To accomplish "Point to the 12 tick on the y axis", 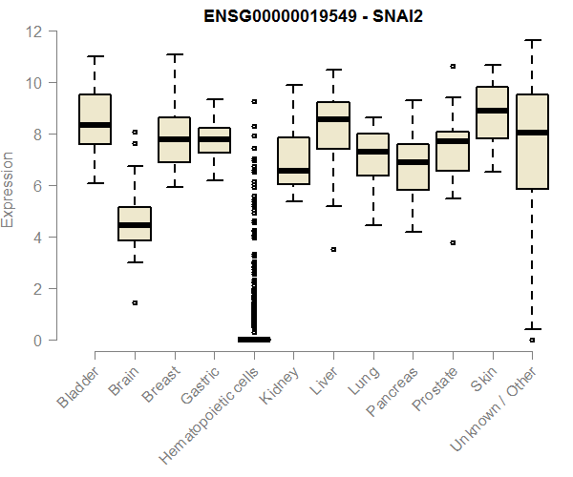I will tap(34, 31).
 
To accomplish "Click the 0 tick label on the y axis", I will tap(38, 340).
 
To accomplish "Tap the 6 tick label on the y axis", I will tap(38, 186).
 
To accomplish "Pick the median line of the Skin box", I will tap(493, 111).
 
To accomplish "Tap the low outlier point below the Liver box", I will tap(333, 249).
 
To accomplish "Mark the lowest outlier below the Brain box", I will tap(135, 302).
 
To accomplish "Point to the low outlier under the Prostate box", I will tap(453, 242).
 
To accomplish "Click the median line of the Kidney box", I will tap(293, 171).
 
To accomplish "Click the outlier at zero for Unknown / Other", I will tap(532, 340).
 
